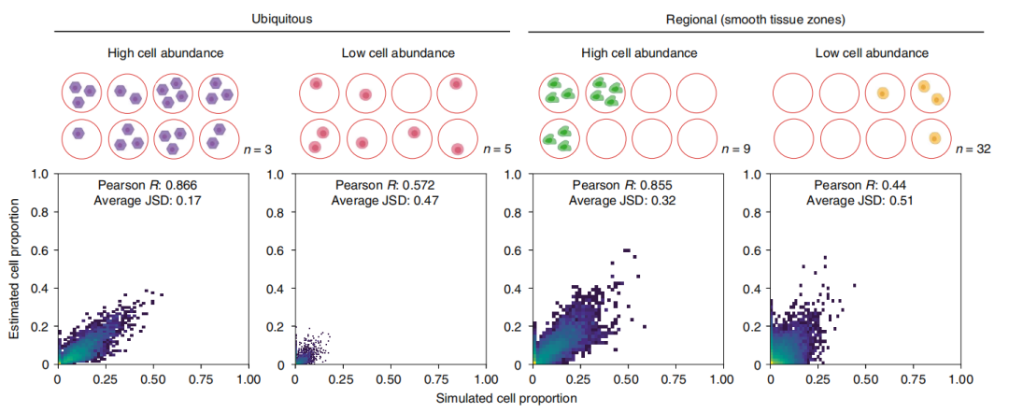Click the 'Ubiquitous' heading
(x=281, y=18)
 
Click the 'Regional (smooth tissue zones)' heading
(x=755, y=18)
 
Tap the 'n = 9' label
(x=732, y=147)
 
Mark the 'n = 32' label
(x=973, y=147)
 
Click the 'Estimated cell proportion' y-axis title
(x=15, y=269)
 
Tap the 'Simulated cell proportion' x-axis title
(x=505, y=398)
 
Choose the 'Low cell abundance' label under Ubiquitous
(x=390, y=53)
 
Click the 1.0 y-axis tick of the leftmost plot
(x=41, y=174)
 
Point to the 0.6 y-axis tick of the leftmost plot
(x=41, y=249)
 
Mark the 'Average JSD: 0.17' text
(x=153, y=201)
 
